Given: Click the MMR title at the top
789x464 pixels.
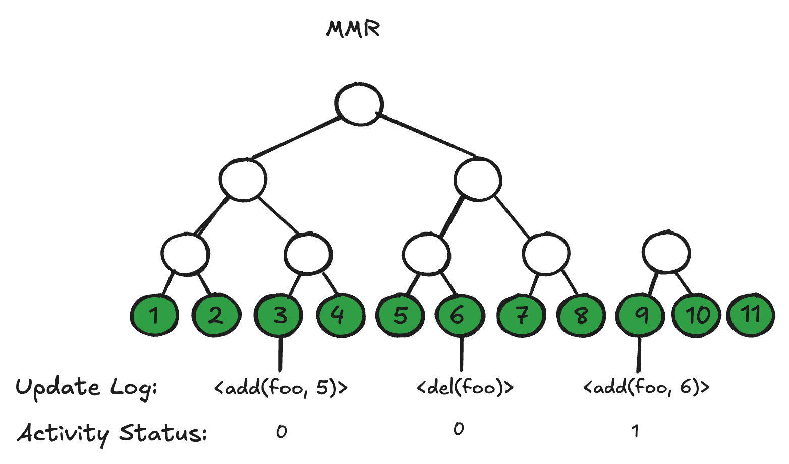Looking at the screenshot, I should (x=353, y=29).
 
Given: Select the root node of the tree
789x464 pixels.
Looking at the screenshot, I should (x=359, y=103).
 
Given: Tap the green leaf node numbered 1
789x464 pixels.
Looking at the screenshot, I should (x=154, y=315).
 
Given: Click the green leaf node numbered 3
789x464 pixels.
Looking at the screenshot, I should (x=279, y=315).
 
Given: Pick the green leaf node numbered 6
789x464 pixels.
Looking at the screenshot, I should (x=458, y=315).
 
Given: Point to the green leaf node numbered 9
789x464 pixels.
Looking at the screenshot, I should (x=641, y=315).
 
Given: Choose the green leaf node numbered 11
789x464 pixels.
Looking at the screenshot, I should (x=751, y=315).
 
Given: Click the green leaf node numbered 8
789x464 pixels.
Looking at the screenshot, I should (x=581, y=315).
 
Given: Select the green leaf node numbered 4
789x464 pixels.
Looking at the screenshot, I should (x=340, y=315).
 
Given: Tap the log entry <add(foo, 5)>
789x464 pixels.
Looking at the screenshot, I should (x=281, y=388).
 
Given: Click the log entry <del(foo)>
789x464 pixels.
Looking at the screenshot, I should (x=465, y=388).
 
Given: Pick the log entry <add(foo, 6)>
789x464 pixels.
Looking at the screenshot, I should (x=646, y=387).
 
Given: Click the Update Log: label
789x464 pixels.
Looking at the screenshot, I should (x=86, y=388).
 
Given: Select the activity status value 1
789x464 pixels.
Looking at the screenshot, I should (x=635, y=431).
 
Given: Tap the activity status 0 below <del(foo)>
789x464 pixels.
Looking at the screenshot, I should (x=458, y=429).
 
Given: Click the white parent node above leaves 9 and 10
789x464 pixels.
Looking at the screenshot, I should (x=666, y=252).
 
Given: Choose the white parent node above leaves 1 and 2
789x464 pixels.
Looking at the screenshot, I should (x=186, y=254).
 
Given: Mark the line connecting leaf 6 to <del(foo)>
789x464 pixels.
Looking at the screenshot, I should (x=461, y=354).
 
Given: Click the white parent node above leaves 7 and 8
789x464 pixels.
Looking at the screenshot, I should (x=546, y=254).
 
